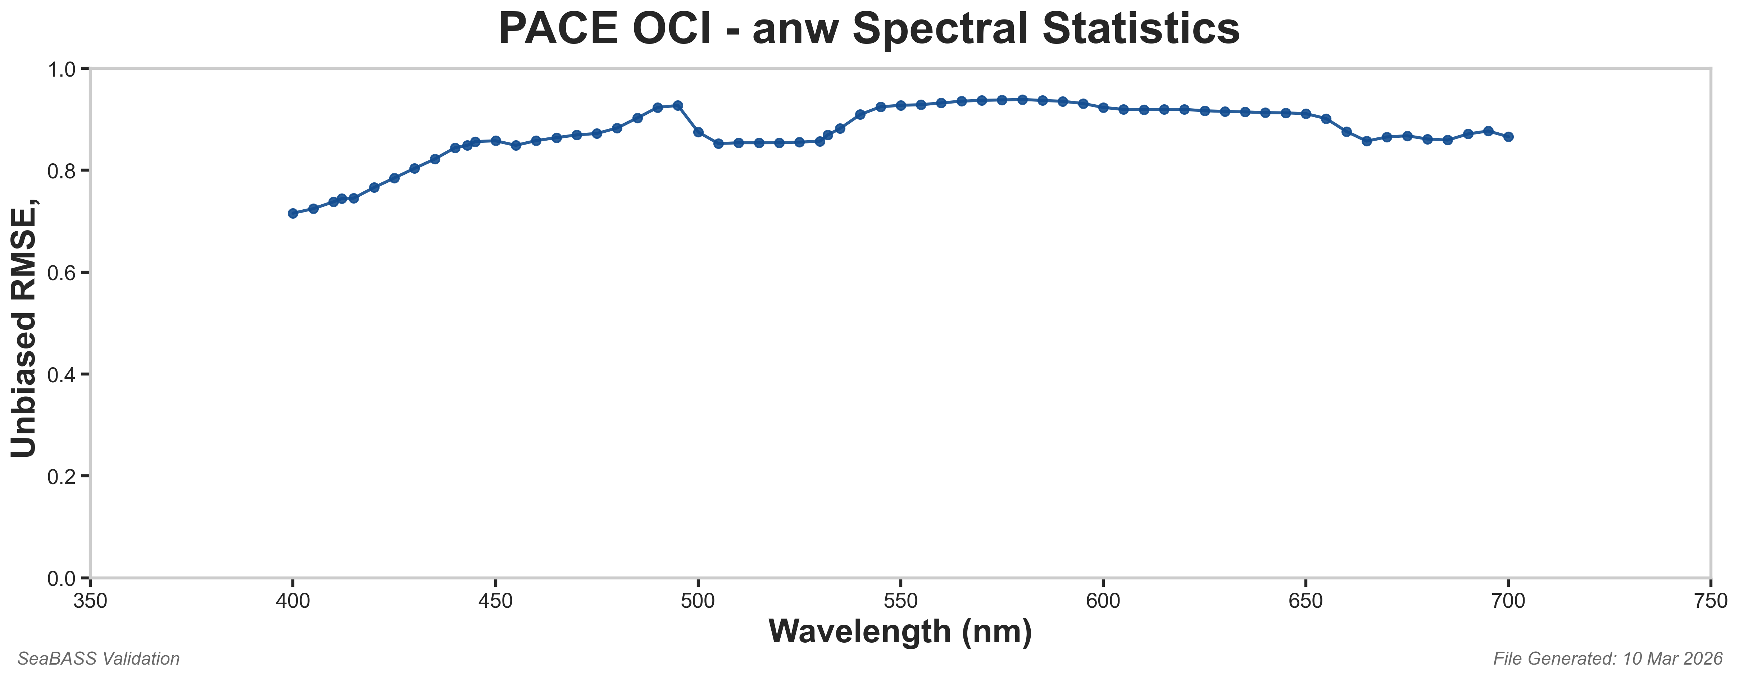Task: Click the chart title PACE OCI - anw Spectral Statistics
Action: (869, 30)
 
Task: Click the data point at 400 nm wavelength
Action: (293, 213)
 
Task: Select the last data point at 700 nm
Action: (1508, 136)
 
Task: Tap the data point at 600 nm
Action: (1103, 107)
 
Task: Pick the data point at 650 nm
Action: (1306, 113)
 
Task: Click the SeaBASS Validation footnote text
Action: (99, 659)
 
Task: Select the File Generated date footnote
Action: (1607, 659)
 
